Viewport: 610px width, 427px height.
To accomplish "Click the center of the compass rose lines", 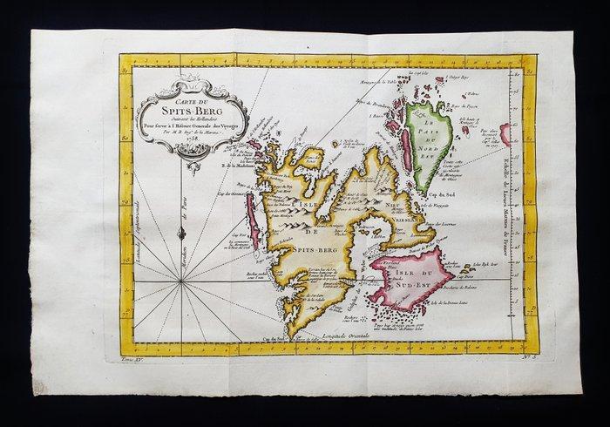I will tap(181, 281).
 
